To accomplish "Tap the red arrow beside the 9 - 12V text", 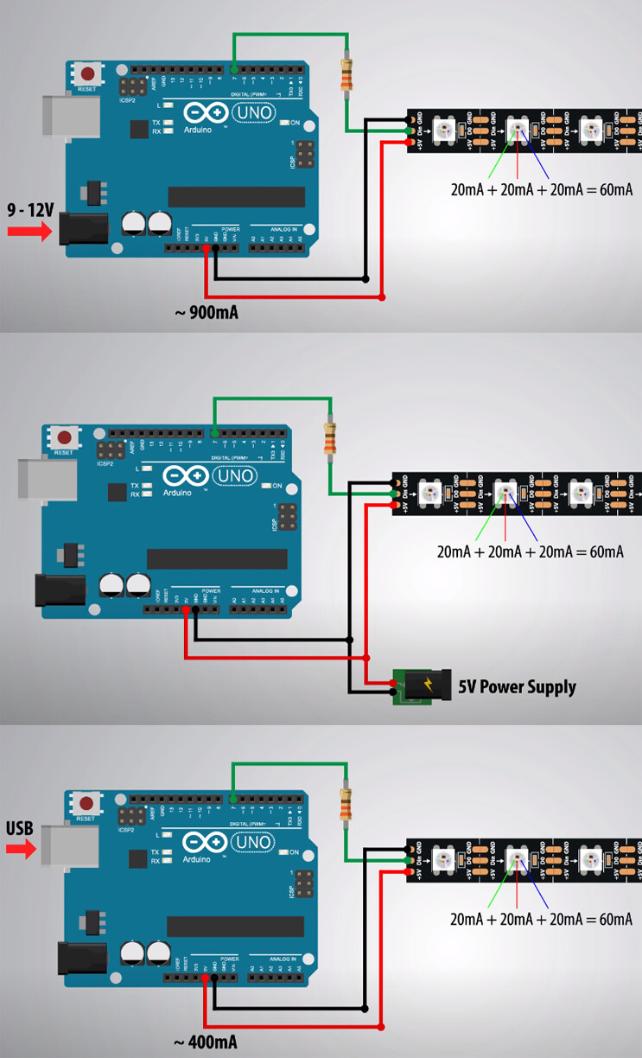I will point(30,231).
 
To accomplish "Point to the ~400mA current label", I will point(206,1042).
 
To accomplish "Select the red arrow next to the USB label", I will point(21,850).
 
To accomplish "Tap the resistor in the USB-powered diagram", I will point(346,805).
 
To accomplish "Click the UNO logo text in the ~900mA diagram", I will point(253,112).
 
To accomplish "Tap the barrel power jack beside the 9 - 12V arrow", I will point(83,229).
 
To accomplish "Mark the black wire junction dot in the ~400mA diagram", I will point(365,1008).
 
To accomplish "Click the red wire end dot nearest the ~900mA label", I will point(383,297).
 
